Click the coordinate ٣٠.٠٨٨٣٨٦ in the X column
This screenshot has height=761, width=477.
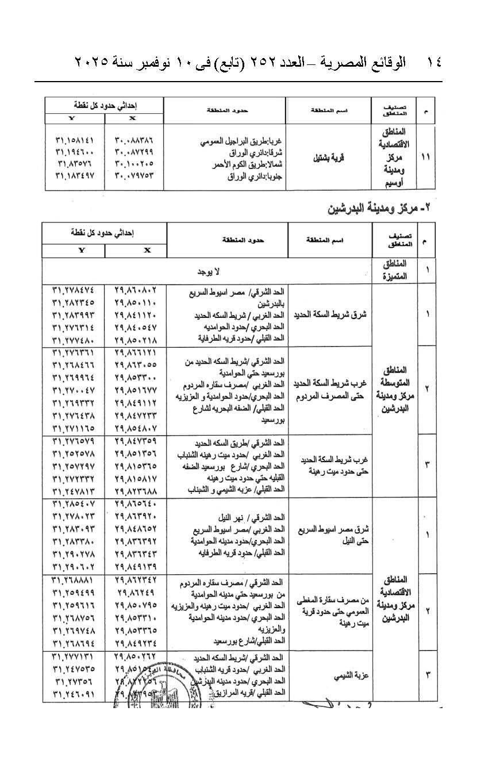[x=135, y=140]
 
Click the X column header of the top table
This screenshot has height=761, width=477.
[x=134, y=118]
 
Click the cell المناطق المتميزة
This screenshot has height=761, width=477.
[x=395, y=270]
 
